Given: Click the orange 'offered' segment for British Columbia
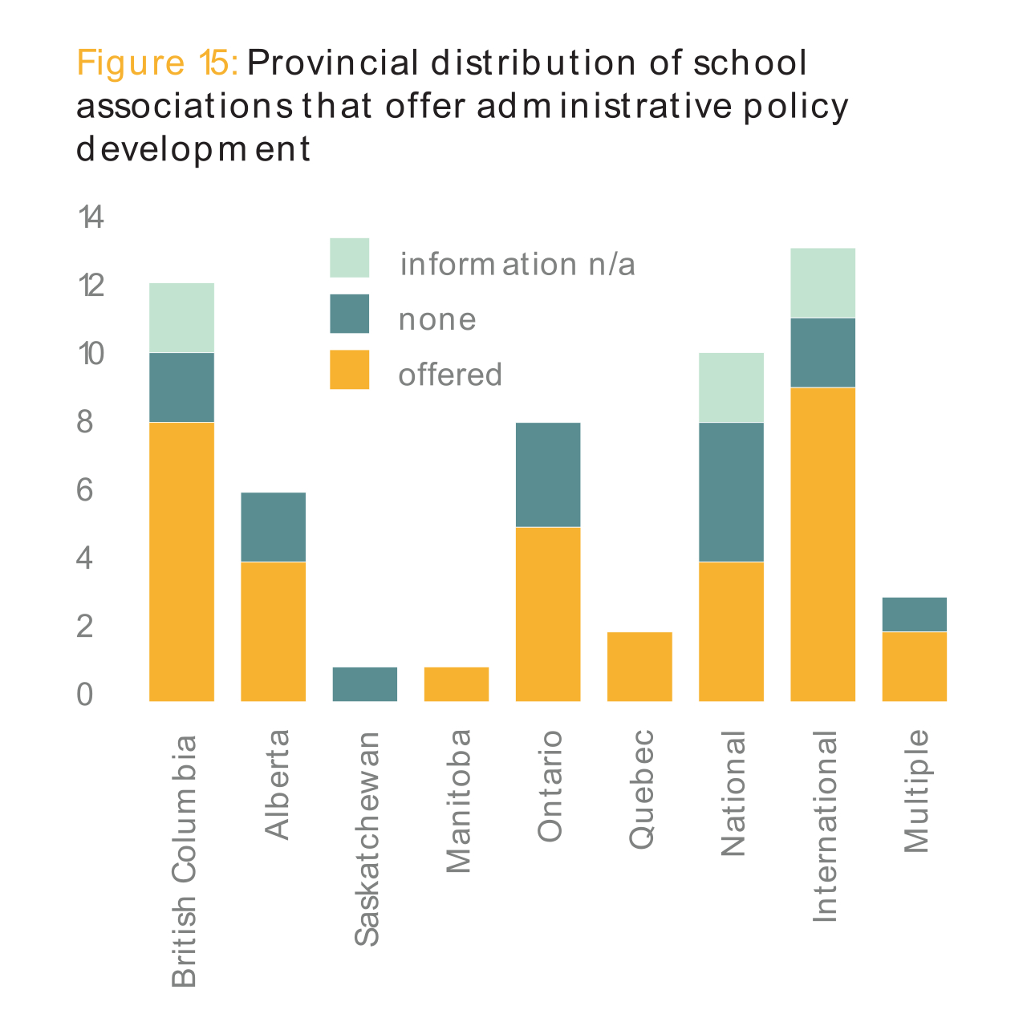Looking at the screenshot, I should click(181, 562).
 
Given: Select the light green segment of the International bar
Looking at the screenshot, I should click(822, 283).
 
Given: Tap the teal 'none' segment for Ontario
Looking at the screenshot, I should click(548, 474).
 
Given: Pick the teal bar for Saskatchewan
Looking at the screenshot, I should click(364, 684).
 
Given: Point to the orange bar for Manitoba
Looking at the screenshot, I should click(456, 684).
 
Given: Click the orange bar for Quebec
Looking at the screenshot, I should click(639, 667).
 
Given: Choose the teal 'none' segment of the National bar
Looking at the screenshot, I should click(731, 492).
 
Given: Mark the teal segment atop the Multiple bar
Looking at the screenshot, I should click(914, 614).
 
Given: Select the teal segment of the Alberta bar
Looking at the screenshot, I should click(273, 527).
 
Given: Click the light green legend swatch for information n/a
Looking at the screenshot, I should click(350, 258).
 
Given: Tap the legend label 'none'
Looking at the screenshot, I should click(437, 320).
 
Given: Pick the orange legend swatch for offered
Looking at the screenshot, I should click(350, 370).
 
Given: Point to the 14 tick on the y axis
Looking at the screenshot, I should click(91, 217).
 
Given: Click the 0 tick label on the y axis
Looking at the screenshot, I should click(85, 695).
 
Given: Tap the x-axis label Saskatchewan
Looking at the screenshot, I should click(367, 838).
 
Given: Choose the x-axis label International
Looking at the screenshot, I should click(825, 826).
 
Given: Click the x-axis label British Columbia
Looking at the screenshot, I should click(184, 859).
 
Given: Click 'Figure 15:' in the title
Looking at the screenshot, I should click(157, 63).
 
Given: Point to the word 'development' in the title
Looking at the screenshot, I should click(193, 150).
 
